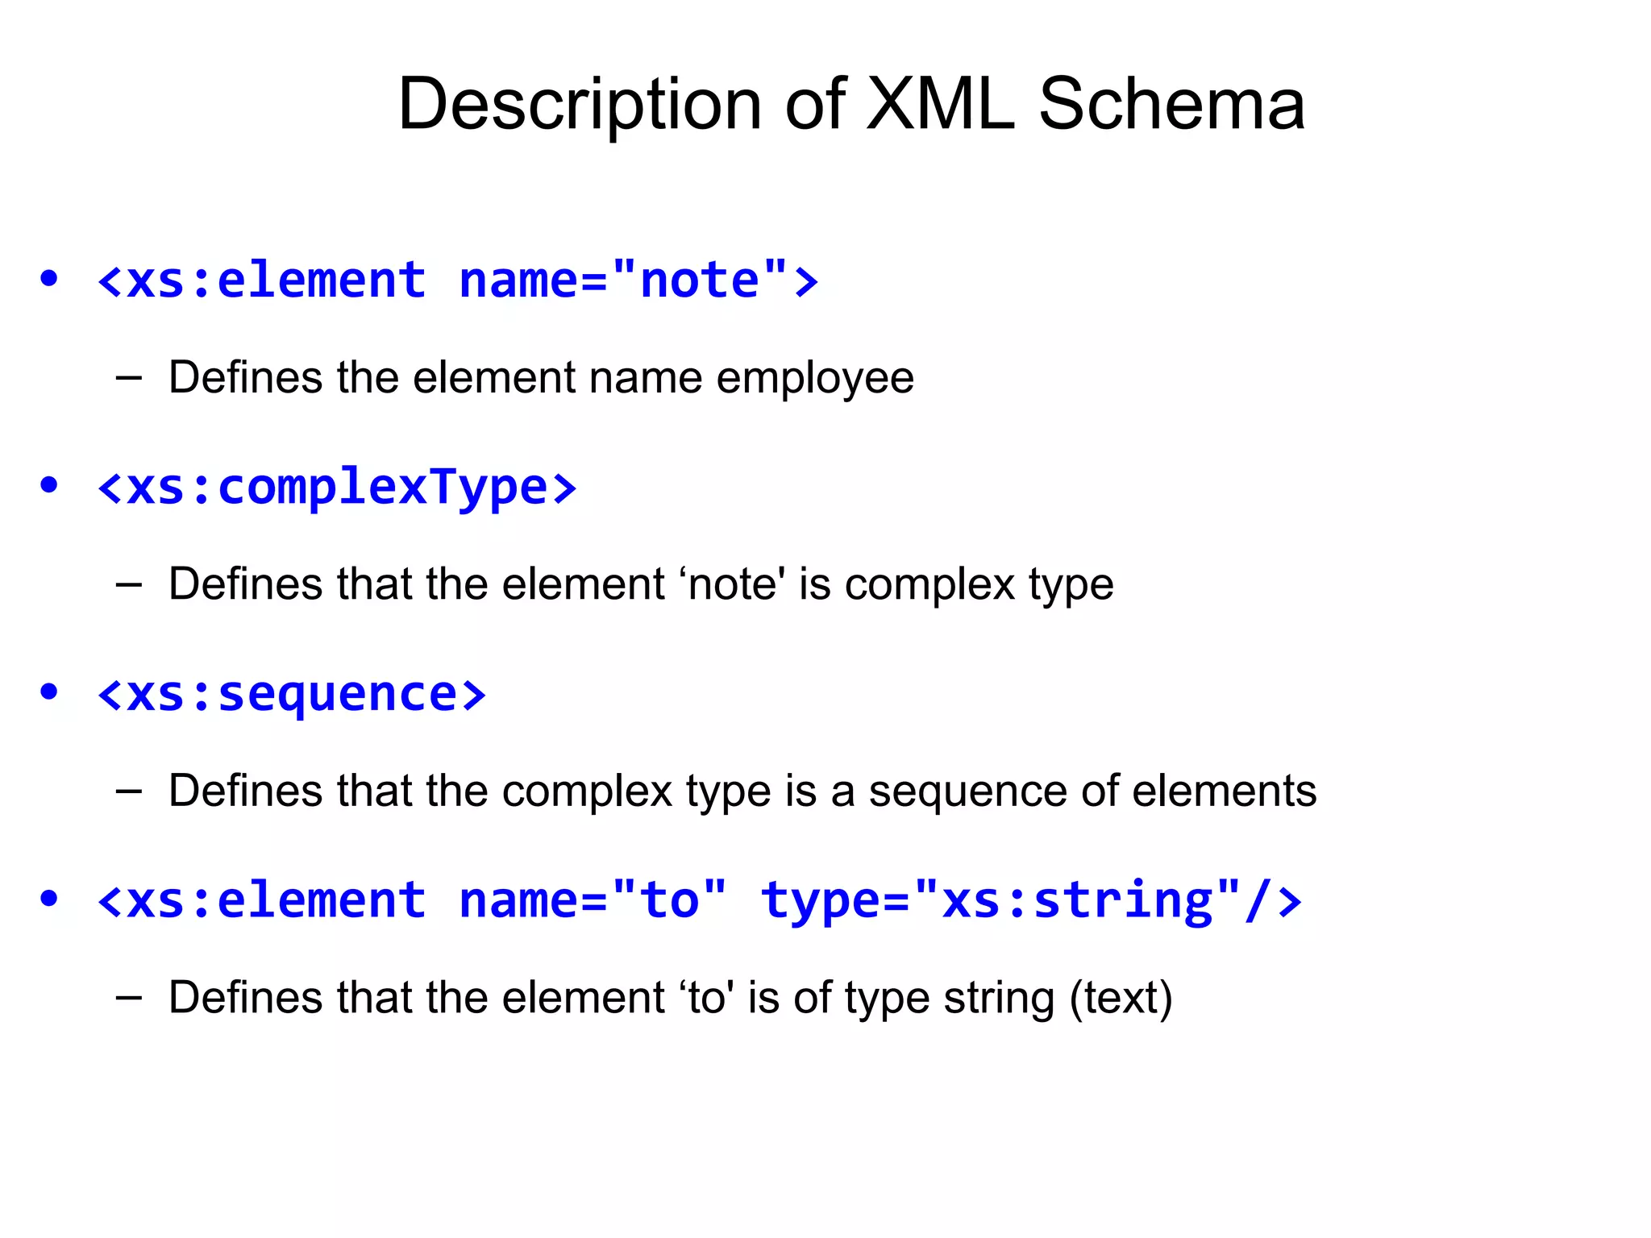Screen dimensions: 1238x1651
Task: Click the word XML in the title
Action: pyautogui.click(x=940, y=104)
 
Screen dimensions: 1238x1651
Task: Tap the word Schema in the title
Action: pyautogui.click(x=1171, y=104)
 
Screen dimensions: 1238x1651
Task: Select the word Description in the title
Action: pyautogui.click(x=580, y=106)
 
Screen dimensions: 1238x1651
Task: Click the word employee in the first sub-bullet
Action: pyautogui.click(x=815, y=378)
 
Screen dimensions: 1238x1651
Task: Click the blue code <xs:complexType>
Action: pyautogui.click(x=337, y=488)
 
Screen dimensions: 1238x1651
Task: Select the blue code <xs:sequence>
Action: pyautogui.click(x=292, y=694)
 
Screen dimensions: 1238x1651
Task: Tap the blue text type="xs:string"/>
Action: pyautogui.click(x=1031, y=900)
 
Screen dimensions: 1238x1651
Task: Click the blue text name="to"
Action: pyautogui.click(x=593, y=900)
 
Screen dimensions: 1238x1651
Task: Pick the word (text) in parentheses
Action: pyautogui.click(x=1121, y=998)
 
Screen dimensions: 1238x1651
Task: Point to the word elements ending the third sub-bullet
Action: pyautogui.click(x=1225, y=791)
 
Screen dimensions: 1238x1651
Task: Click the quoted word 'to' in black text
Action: pyautogui.click(x=707, y=998)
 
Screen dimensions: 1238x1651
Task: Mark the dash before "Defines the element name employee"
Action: pyautogui.click(x=129, y=378)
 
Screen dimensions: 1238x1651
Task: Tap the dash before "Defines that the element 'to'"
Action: pyautogui.click(x=129, y=998)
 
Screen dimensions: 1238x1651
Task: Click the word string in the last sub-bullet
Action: pyautogui.click(x=999, y=998)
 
